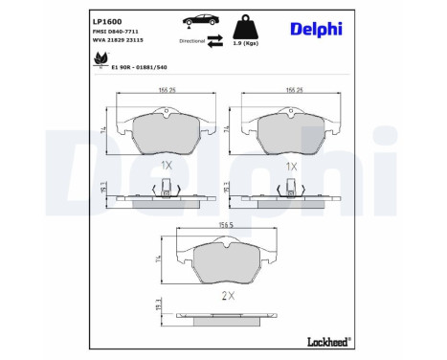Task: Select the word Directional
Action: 190,42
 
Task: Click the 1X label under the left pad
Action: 166,165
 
